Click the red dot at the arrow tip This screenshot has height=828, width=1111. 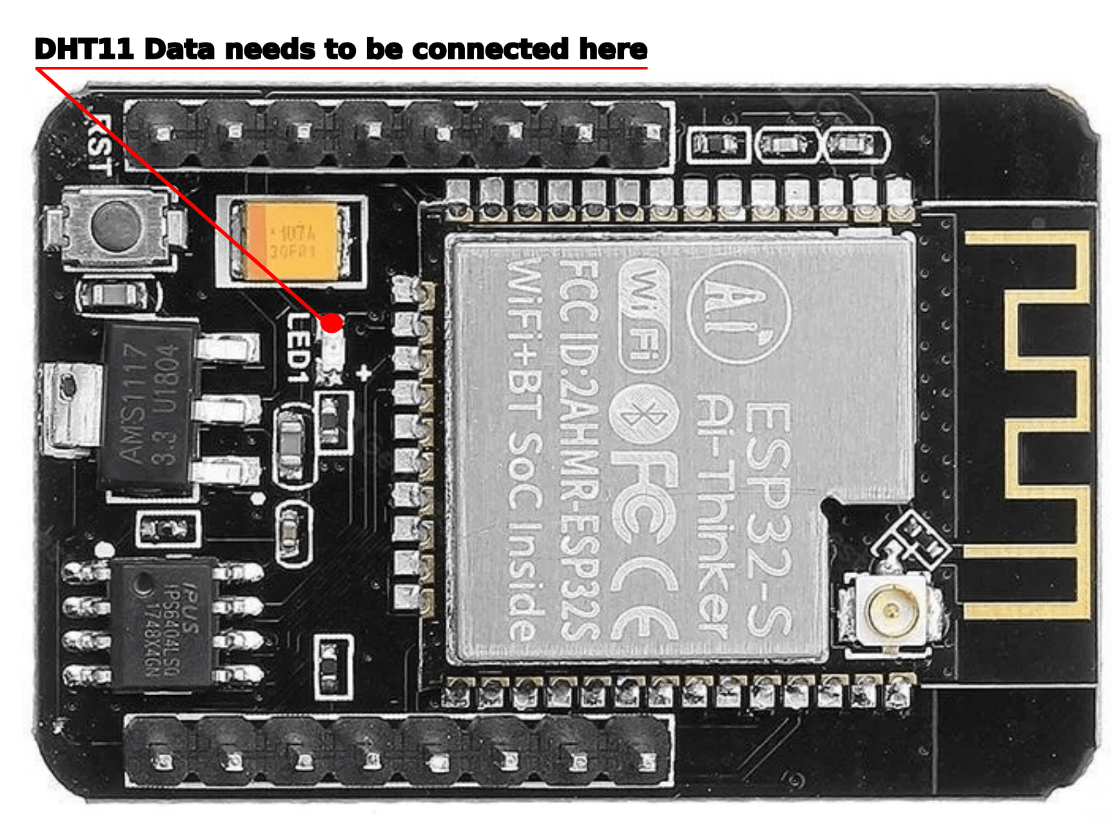click(332, 322)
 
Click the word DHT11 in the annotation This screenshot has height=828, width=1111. click(84, 49)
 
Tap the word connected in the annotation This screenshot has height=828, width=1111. click(491, 49)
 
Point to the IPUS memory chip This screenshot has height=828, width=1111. click(161, 622)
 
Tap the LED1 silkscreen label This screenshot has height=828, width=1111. click(299, 348)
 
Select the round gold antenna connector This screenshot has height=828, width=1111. click(892, 608)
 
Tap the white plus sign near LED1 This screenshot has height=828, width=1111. click(364, 373)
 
